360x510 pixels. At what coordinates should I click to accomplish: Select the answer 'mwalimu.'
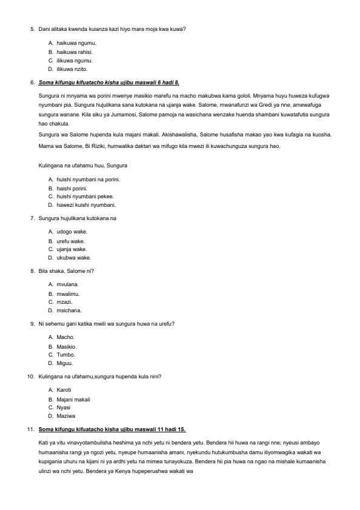(68, 294)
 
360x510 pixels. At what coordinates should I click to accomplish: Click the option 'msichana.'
(68, 310)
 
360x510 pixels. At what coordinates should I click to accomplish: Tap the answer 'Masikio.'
(67, 346)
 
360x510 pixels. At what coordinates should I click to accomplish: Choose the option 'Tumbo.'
(65, 355)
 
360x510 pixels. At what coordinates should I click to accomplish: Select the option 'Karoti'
(64, 390)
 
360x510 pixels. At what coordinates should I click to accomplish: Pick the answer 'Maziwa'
(65, 417)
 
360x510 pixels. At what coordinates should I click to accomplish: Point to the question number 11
(30, 429)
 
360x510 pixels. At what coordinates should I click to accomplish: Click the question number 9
(32, 324)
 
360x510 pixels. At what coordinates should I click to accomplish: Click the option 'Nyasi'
(64, 408)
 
